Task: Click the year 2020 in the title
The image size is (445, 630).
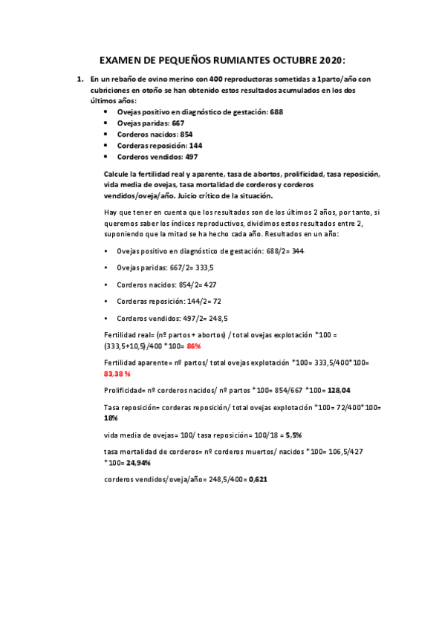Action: tap(331, 60)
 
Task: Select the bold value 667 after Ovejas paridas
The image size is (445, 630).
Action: tap(178, 123)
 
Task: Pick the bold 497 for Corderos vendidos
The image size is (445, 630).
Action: tap(192, 157)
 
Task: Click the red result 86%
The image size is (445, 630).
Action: tap(194, 345)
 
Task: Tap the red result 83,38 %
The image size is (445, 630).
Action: tap(117, 374)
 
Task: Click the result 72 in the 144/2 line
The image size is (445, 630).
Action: tap(216, 302)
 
